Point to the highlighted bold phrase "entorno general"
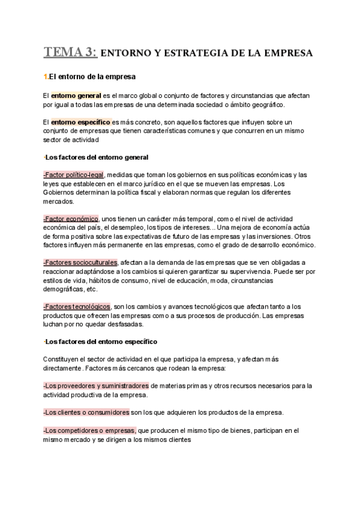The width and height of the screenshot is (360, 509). [x=76, y=95]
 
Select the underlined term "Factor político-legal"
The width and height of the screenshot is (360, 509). [x=73, y=175]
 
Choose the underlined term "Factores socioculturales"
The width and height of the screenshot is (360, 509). [x=80, y=263]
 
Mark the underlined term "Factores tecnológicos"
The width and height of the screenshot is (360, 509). [x=77, y=307]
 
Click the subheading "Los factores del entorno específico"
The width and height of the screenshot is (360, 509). [x=101, y=342]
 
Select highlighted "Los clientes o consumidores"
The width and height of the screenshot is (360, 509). [x=86, y=412]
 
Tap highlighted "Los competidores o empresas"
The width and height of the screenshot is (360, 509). [x=89, y=430]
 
